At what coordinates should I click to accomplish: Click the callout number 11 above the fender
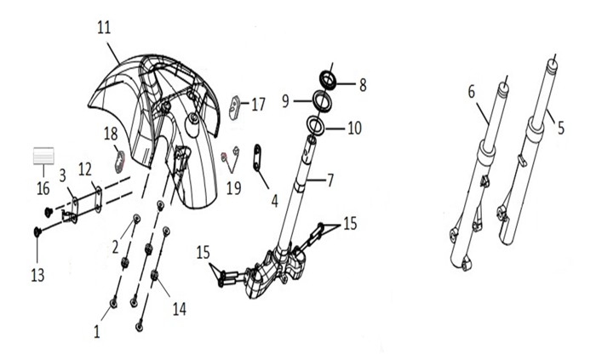(104, 27)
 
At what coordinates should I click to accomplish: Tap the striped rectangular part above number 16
(43, 156)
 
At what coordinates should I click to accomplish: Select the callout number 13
(37, 275)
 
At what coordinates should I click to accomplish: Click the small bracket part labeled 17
(234, 108)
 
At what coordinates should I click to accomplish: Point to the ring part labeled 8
(329, 79)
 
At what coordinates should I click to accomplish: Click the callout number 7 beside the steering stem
(330, 180)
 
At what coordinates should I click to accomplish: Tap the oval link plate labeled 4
(257, 157)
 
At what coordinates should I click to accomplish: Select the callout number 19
(233, 188)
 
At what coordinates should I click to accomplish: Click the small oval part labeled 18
(121, 162)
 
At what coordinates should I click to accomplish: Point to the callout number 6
(472, 92)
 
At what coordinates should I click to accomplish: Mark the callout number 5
(561, 128)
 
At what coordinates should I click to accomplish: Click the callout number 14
(180, 309)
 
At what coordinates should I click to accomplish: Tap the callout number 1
(97, 332)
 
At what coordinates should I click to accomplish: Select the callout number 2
(115, 248)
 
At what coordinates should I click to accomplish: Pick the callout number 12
(85, 169)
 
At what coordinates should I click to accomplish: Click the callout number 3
(62, 175)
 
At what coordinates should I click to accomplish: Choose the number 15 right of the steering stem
(350, 223)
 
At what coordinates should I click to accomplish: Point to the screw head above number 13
(37, 231)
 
